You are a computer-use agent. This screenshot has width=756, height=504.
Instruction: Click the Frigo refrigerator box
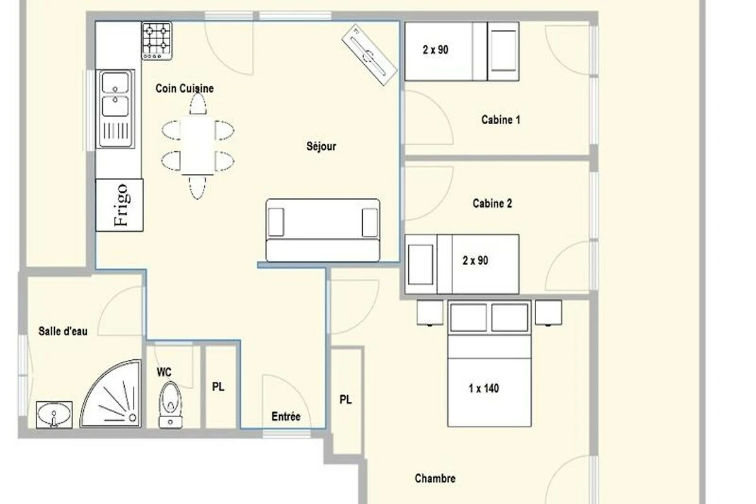point(120,205)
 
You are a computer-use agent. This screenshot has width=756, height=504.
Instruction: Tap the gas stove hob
point(157,41)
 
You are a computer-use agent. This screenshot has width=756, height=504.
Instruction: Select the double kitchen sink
point(115,109)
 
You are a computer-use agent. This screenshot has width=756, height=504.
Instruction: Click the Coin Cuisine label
point(185,88)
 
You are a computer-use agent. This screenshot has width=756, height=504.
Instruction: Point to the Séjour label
point(321,146)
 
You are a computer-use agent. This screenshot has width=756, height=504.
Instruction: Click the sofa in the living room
point(323,230)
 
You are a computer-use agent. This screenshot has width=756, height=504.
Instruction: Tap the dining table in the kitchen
point(197,146)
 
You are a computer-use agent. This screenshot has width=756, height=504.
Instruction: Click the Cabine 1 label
point(501,120)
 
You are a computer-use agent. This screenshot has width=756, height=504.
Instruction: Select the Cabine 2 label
point(493,203)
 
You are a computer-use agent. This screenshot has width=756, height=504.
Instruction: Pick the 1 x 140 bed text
point(484,389)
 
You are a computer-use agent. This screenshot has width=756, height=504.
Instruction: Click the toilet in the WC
point(171,405)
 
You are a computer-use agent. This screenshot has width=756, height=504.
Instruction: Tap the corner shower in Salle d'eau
point(111,394)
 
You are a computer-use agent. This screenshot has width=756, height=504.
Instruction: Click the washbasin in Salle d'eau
point(54,415)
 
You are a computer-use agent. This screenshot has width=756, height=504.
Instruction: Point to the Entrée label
point(286,416)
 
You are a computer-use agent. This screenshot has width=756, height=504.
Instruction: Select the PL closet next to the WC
point(220,387)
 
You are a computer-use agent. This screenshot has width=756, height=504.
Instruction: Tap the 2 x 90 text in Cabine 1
point(435,50)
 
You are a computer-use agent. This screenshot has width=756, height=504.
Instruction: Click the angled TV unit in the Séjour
point(369,55)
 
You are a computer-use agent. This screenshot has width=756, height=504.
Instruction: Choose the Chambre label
point(435,478)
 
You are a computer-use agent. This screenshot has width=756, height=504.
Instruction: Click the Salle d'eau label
point(63,331)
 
